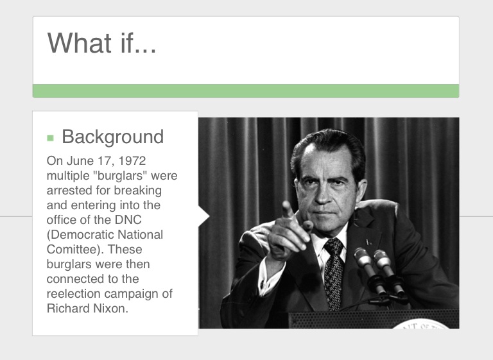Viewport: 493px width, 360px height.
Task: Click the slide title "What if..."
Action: [x=101, y=43]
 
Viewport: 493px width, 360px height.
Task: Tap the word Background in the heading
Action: [x=112, y=137]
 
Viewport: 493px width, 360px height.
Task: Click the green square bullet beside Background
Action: [x=51, y=137]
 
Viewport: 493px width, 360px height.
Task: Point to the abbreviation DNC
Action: [x=148, y=219]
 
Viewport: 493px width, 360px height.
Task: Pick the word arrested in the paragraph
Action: [x=69, y=190]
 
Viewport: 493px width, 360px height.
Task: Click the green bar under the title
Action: [x=246, y=90]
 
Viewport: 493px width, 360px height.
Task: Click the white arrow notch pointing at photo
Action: [x=203, y=216]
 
